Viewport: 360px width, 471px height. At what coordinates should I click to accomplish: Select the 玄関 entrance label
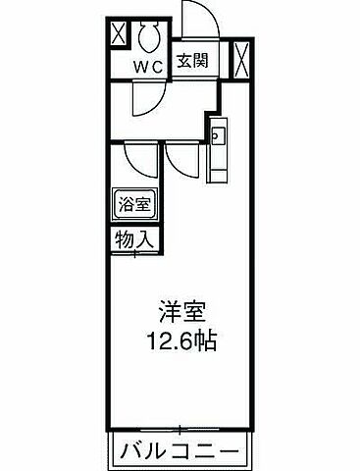click(x=190, y=58)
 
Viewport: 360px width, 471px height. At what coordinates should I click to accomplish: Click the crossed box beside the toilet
click(x=117, y=35)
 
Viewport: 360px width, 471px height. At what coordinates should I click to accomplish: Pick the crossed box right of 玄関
click(x=242, y=58)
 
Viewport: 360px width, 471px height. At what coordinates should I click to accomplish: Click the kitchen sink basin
click(x=218, y=134)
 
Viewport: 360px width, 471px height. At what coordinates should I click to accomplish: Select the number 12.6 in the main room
click(x=166, y=343)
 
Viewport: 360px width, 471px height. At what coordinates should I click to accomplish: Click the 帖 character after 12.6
click(x=205, y=343)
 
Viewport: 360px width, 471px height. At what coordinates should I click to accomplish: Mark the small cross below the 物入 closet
click(x=134, y=255)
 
